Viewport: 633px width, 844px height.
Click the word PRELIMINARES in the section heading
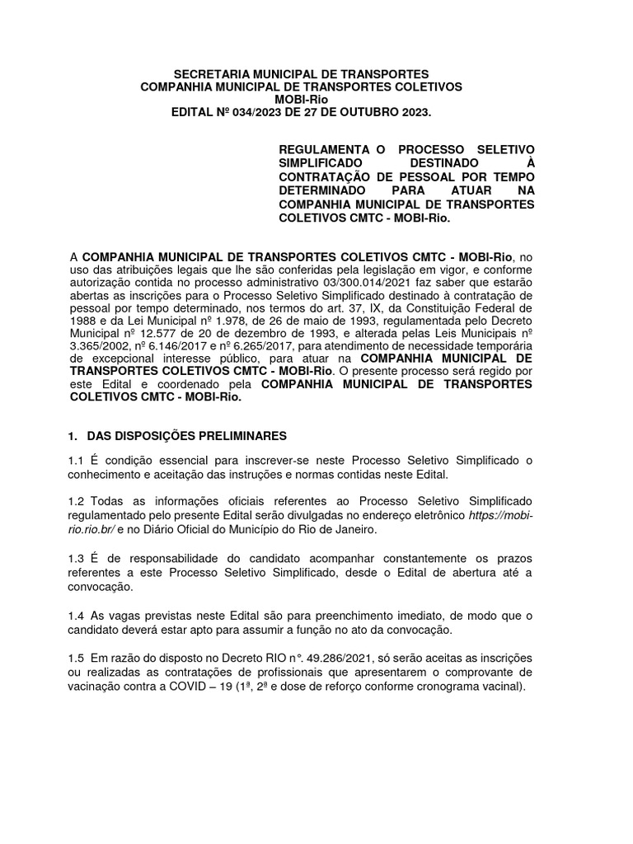(241, 435)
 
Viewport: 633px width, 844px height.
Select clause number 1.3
(77, 560)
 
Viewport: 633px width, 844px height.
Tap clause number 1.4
(77, 617)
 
